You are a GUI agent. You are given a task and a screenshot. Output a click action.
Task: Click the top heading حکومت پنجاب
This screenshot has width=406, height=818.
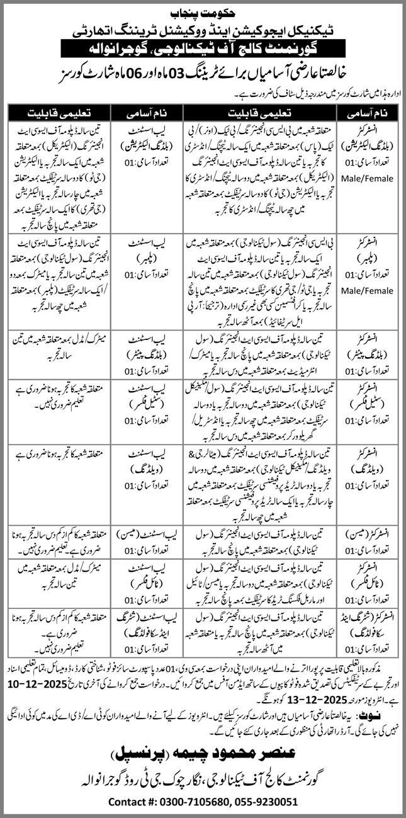pos(203,11)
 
